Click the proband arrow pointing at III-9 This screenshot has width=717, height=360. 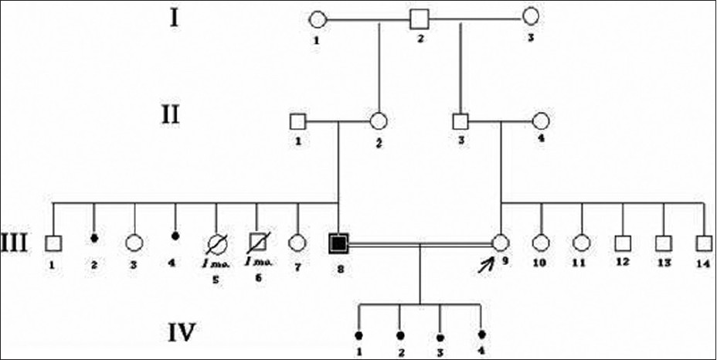(x=486, y=265)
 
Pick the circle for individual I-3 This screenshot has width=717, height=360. (x=531, y=16)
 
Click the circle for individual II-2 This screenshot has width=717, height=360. (x=379, y=121)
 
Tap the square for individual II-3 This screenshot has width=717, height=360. (x=460, y=121)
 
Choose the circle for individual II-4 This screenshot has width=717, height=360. (x=541, y=121)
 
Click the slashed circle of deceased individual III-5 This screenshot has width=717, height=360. (x=216, y=243)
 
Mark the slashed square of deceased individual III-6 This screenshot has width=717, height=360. (x=257, y=243)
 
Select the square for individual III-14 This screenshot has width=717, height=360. (x=703, y=243)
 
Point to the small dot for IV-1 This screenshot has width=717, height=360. (x=358, y=335)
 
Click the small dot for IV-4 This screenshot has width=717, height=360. (x=481, y=335)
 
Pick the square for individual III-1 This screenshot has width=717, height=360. (x=53, y=243)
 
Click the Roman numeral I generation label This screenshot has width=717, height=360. (x=176, y=16)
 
